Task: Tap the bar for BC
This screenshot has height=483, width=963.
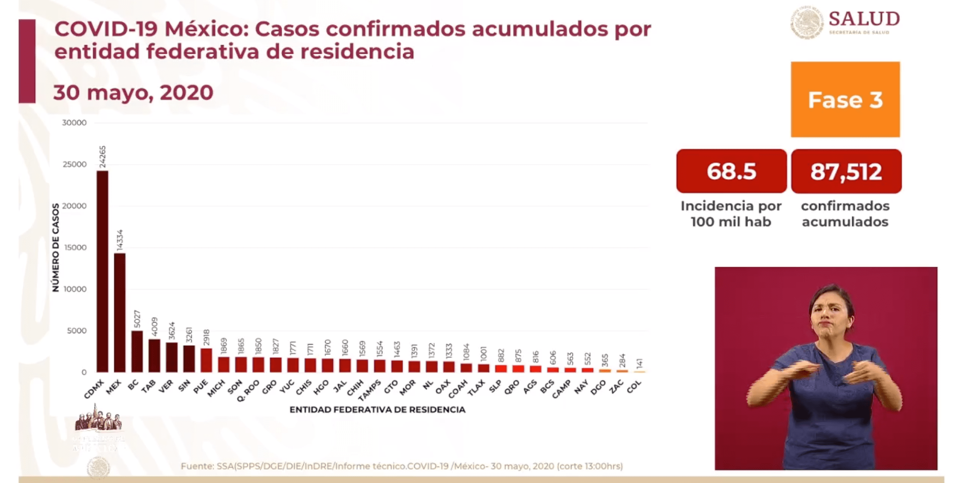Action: (x=137, y=351)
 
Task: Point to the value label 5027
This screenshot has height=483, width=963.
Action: (x=137, y=319)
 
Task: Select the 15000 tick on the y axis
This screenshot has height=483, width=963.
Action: (x=75, y=247)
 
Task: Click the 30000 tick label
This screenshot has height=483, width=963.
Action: (x=74, y=123)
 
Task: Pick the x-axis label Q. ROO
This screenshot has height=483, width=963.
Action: (x=248, y=390)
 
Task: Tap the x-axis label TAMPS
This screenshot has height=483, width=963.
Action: (x=370, y=390)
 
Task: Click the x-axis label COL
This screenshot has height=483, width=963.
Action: (x=634, y=386)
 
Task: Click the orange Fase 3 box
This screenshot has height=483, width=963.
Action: (x=845, y=100)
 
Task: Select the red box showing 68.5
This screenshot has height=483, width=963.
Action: (x=731, y=171)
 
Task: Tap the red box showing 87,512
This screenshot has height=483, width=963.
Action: (x=846, y=171)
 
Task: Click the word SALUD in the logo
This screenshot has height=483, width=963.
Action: (x=864, y=19)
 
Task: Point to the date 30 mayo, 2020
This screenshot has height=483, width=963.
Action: (x=133, y=92)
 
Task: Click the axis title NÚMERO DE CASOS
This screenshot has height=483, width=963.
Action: (x=56, y=247)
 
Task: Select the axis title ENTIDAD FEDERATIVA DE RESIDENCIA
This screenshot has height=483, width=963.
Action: (x=377, y=410)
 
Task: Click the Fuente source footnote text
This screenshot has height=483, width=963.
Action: (x=402, y=466)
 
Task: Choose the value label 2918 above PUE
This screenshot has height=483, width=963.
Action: (x=206, y=337)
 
